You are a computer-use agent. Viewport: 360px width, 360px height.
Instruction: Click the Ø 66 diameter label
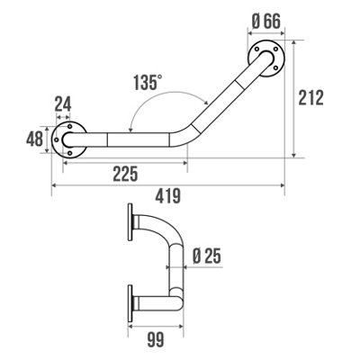click(x=266, y=22)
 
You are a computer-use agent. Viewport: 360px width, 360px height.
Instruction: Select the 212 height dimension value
click(x=311, y=97)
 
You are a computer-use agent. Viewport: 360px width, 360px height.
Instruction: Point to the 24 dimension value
click(x=63, y=104)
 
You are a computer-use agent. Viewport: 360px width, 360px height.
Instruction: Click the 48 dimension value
click(x=34, y=139)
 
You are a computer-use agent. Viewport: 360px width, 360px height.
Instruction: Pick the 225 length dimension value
click(x=125, y=174)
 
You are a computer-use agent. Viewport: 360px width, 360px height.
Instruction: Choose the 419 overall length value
click(x=168, y=196)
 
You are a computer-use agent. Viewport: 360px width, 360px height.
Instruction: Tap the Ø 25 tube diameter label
click(x=207, y=256)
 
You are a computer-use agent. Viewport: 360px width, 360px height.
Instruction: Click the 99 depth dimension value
click(x=156, y=340)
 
